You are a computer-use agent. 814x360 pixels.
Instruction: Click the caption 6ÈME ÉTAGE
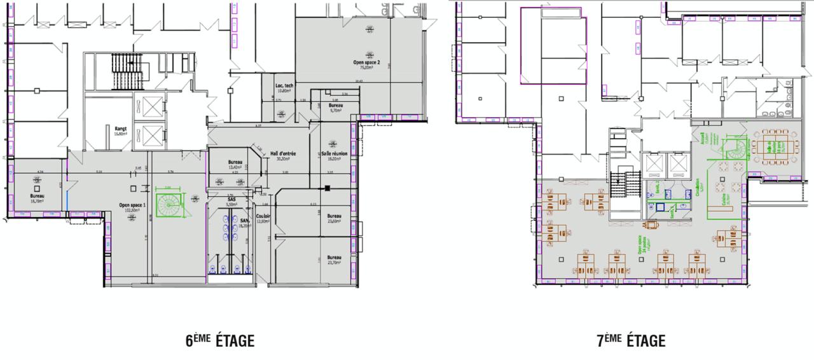(x=219, y=341)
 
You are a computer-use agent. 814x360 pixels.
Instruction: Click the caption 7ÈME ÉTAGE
(x=631, y=341)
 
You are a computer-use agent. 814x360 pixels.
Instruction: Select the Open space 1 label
(x=132, y=206)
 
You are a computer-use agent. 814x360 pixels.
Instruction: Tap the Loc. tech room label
(x=284, y=88)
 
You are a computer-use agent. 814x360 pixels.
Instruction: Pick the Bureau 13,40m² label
(x=235, y=164)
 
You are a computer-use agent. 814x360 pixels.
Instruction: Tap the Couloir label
(x=263, y=218)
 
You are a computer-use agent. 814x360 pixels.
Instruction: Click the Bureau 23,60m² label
(x=335, y=218)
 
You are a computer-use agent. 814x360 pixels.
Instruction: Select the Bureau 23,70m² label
(x=335, y=260)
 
